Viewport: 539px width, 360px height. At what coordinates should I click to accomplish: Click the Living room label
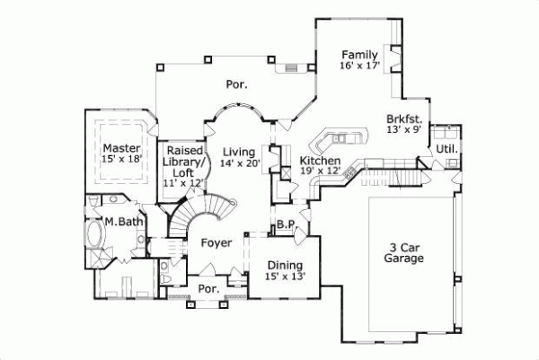point(239,151)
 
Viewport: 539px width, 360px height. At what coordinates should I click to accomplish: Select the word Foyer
point(216,242)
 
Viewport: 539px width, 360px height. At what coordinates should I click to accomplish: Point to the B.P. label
point(286,224)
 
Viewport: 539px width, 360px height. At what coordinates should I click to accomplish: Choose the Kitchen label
point(319,160)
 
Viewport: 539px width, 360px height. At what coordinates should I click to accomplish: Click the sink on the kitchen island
point(341,139)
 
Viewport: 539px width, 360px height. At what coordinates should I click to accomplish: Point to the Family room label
point(358,54)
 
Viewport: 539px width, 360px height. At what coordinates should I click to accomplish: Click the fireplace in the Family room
point(392,56)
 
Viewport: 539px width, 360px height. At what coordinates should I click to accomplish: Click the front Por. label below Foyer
point(208,290)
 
